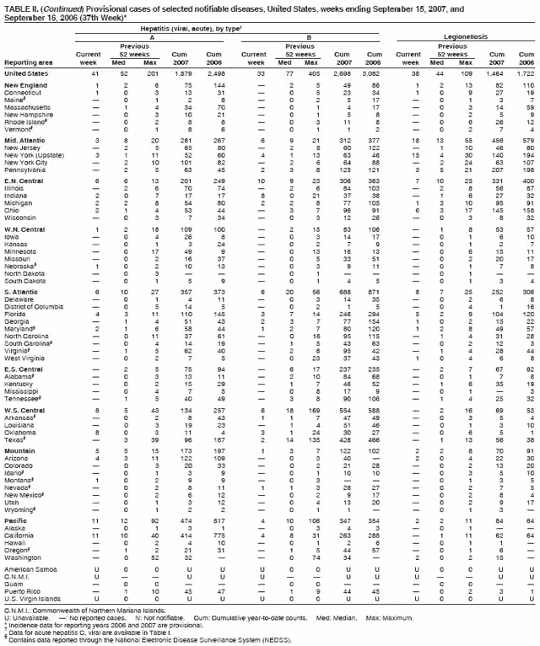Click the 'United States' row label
(24, 73)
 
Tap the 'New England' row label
(23, 86)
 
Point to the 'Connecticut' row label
(22, 93)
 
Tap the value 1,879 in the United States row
(183, 73)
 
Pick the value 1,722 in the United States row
(524, 73)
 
